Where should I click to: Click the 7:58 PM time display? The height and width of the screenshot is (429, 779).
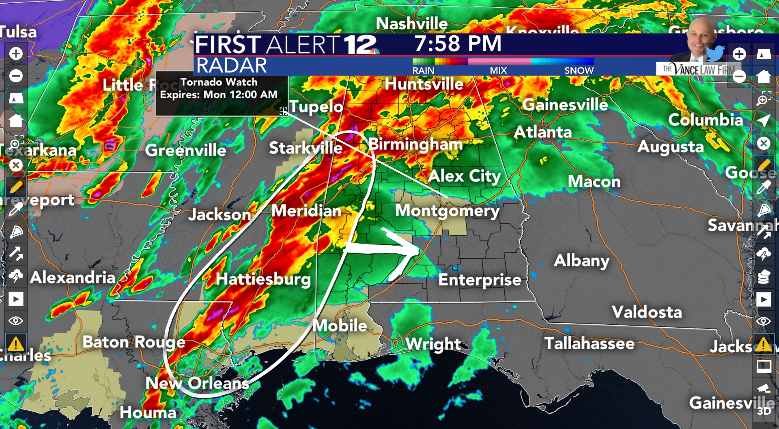(457, 44)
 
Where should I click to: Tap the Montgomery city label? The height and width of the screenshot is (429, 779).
(447, 211)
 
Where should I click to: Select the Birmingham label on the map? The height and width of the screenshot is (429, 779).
(415, 144)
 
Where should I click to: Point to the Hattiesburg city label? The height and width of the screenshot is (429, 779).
(263, 279)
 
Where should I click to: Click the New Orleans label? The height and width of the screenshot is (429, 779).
(197, 383)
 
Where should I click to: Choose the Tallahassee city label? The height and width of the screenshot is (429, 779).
(589, 343)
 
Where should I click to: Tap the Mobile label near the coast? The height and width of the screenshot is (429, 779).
(340, 326)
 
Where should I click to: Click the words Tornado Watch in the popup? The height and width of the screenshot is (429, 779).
(219, 82)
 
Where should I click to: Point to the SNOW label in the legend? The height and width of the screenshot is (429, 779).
(579, 71)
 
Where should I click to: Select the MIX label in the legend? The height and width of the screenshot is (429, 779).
(498, 71)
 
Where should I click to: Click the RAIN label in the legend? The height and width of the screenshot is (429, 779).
(423, 71)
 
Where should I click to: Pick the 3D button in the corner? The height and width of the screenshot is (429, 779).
(764, 411)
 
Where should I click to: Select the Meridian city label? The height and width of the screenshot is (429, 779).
(306, 211)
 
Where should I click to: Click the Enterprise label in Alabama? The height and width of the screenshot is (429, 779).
(480, 280)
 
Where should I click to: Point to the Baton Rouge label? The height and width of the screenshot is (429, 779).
(134, 342)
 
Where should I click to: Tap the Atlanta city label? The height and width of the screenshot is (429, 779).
(543, 132)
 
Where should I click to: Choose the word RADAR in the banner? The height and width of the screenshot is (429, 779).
(231, 66)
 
